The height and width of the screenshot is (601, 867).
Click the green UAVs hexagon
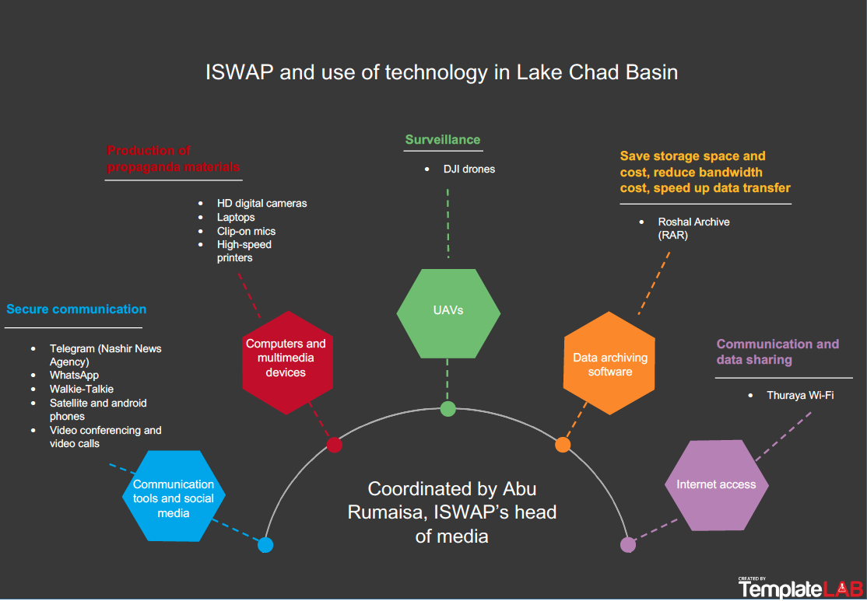448,310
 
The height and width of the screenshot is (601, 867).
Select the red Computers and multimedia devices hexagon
286,358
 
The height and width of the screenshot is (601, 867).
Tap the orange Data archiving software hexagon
609,364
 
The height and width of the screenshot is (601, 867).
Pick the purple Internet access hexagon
716,484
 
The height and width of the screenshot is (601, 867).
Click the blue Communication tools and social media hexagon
174,498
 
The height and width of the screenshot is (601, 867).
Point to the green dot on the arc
448,409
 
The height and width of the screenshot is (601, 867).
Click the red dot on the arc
334,445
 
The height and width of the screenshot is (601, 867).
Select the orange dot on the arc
563,445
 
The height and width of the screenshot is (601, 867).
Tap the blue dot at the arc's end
265,545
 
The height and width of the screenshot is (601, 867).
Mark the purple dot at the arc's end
628,545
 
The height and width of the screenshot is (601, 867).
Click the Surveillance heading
442,140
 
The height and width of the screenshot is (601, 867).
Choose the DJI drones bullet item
469,169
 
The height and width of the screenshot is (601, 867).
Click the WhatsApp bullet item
74,376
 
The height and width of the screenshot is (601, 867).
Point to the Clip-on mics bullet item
246,231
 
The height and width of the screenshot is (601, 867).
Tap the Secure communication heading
76,309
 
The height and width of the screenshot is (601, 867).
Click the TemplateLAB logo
800,588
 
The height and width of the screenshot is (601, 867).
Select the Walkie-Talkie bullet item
82,389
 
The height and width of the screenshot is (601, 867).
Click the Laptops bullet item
236,217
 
